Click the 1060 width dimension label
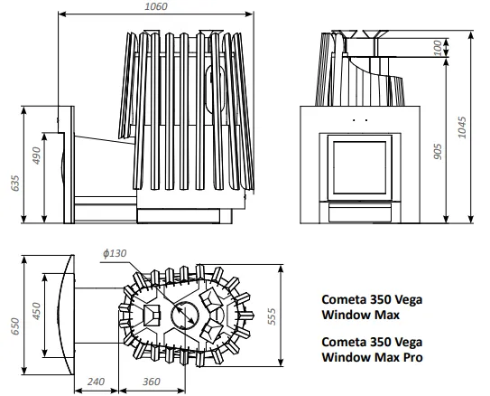click(x=156, y=6)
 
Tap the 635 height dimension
click(x=15, y=184)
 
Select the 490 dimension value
click(x=37, y=156)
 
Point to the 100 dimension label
click(x=439, y=48)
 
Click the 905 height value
click(x=439, y=152)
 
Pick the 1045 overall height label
click(x=462, y=127)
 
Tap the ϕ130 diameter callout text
click(x=115, y=253)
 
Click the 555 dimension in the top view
click(x=273, y=316)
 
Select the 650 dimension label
click(x=15, y=326)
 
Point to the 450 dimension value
click(x=37, y=311)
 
